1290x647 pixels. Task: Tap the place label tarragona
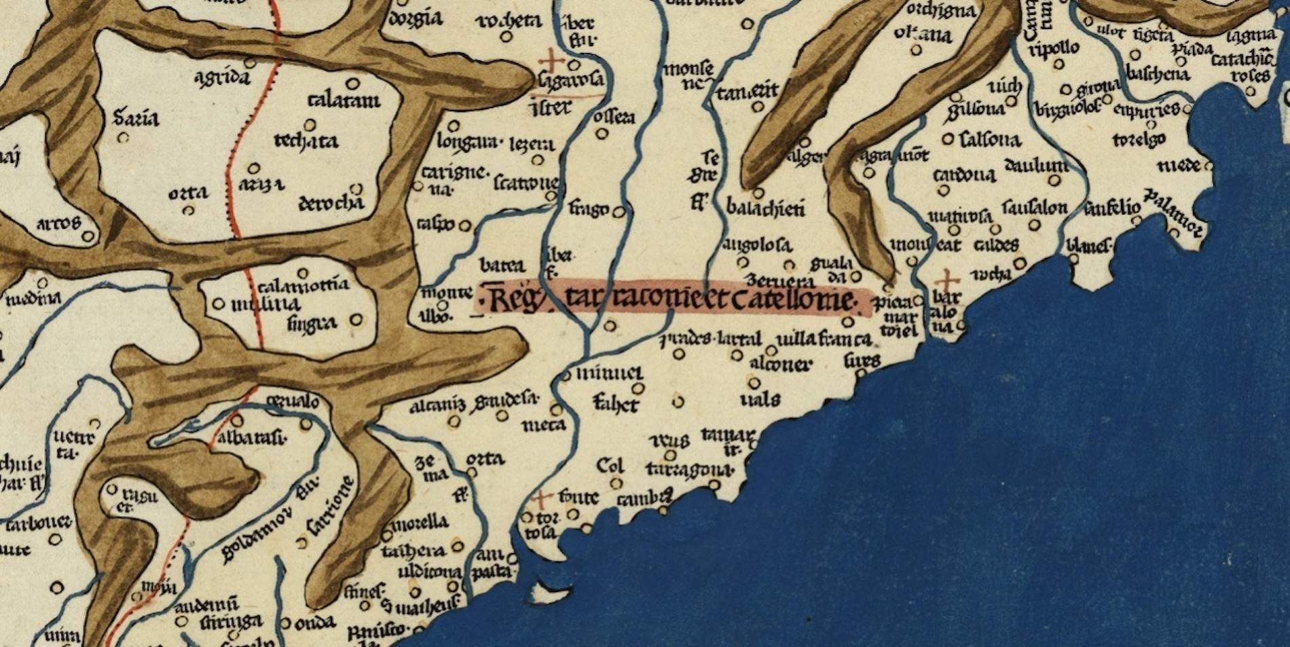pyautogui.click(x=689, y=470)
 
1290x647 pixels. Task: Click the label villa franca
pyautogui.click(x=824, y=338)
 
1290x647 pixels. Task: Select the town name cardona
pyautogui.click(x=964, y=176)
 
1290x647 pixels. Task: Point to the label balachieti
pyautogui.click(x=765, y=208)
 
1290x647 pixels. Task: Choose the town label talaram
pyautogui.click(x=344, y=102)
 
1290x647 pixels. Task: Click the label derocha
pyautogui.click(x=331, y=204)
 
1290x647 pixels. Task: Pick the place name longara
pyautogui.click(x=468, y=143)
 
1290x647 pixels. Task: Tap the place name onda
pyautogui.click(x=316, y=622)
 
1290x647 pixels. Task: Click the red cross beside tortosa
pyautogui.click(x=540, y=500)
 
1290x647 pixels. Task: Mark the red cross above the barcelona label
pyautogui.click(x=947, y=279)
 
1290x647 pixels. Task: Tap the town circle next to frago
pyautogui.click(x=618, y=212)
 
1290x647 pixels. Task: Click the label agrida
pyautogui.click(x=222, y=77)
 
